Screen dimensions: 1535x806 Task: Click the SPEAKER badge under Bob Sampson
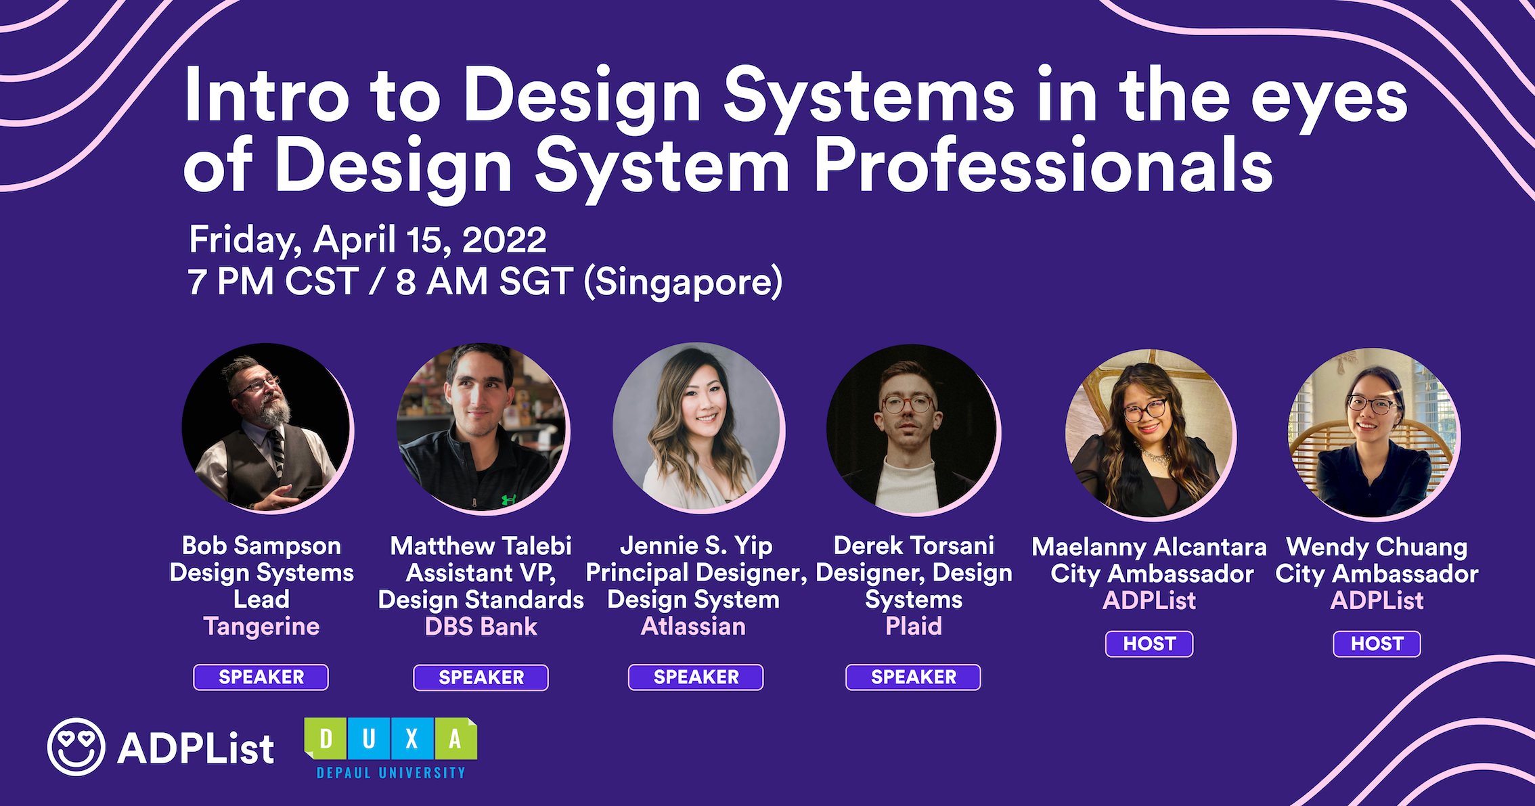point(261,677)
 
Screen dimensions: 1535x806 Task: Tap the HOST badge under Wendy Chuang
point(1377,644)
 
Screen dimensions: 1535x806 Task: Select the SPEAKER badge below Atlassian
point(696,677)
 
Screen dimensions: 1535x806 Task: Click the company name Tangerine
point(261,626)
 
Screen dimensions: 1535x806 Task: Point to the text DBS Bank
point(481,627)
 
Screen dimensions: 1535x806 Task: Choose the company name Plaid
point(914,626)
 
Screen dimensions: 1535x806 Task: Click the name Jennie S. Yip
point(696,545)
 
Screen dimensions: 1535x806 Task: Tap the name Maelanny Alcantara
point(1149,547)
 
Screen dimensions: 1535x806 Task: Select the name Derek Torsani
point(914,545)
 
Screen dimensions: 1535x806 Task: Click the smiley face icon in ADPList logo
point(76,746)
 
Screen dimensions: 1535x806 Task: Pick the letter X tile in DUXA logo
point(411,738)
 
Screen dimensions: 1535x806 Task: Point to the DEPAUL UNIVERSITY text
point(391,773)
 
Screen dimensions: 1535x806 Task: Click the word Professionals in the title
point(1043,166)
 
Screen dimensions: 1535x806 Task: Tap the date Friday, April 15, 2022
point(368,240)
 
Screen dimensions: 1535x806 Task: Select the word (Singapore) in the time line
point(683,282)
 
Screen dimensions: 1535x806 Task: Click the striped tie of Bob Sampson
point(276,449)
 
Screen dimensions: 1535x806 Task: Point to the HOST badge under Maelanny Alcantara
point(1149,644)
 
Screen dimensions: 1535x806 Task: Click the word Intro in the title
point(267,96)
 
